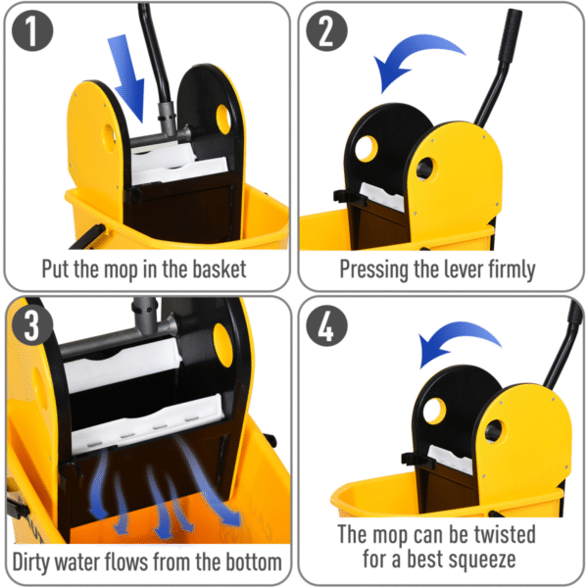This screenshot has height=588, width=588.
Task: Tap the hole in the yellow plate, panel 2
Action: (426, 168)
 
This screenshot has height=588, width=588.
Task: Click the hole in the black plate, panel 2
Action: (367, 150)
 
